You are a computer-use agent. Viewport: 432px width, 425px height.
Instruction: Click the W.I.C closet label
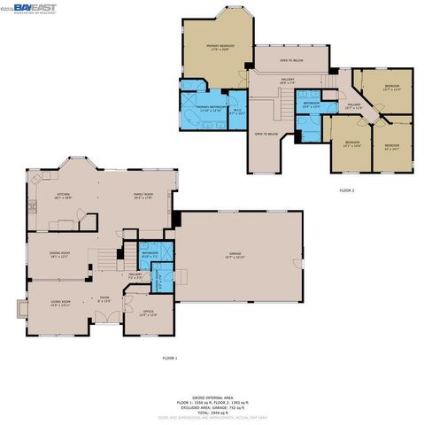coord(237,112)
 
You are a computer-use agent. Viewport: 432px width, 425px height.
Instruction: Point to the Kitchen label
coord(64,198)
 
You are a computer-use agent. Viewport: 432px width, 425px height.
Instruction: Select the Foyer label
coord(104,298)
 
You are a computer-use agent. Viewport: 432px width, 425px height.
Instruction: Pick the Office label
coord(135,314)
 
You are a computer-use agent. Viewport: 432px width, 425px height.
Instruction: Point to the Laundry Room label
coord(161,283)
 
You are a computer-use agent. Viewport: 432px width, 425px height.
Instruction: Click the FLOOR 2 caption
coord(346,190)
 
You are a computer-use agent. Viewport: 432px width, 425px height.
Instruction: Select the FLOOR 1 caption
coord(170,357)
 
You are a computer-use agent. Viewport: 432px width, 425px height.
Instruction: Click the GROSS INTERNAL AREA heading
coord(215,398)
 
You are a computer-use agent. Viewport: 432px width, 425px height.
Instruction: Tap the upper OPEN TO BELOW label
coord(290,60)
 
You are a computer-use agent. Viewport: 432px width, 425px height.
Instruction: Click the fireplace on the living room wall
coord(21,309)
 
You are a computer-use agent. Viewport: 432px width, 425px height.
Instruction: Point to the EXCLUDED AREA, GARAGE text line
coord(215,407)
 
